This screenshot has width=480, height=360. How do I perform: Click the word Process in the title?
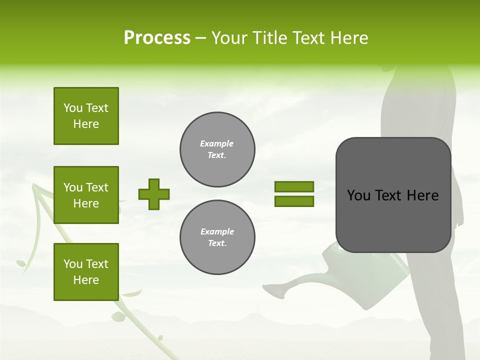(x=157, y=38)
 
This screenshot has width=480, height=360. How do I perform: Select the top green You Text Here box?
(x=86, y=116)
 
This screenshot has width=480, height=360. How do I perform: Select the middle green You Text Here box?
(x=86, y=195)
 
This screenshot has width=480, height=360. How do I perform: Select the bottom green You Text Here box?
(x=86, y=272)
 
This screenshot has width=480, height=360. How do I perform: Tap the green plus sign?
(x=153, y=194)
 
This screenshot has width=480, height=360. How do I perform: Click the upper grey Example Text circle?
(x=217, y=149)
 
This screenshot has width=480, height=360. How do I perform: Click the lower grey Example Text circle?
(x=217, y=237)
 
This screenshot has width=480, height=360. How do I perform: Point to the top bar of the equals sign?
(x=294, y=186)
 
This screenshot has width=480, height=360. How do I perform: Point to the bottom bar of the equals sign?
(x=294, y=201)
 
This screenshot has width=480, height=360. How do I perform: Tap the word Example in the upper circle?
(x=216, y=143)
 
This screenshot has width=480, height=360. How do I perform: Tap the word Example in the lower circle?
(x=217, y=231)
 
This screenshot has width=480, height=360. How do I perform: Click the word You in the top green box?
(x=72, y=108)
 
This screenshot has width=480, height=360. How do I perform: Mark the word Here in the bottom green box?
(x=86, y=280)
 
